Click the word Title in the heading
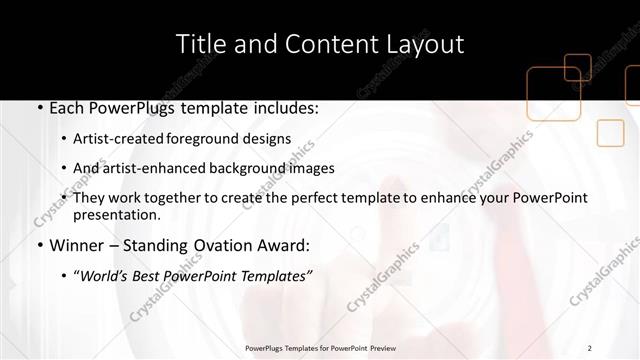coord(197,44)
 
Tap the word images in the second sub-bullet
coord(311,168)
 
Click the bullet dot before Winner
coord(39,246)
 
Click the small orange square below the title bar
coord(609,132)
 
